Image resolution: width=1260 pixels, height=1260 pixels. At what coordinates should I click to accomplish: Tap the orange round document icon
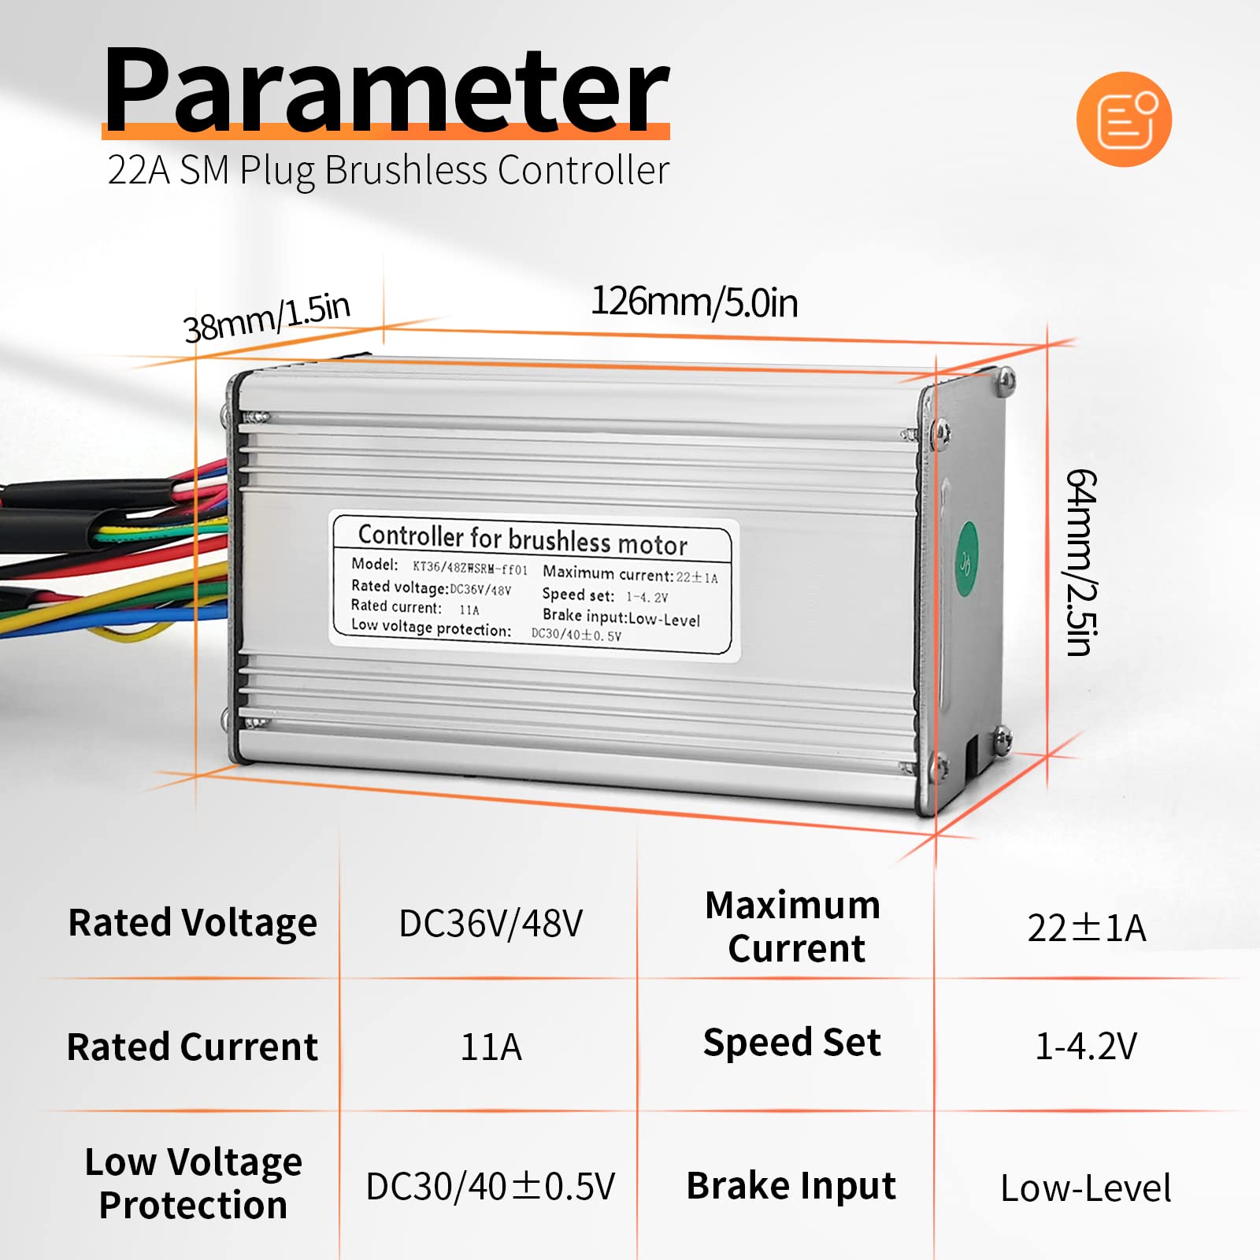1124,119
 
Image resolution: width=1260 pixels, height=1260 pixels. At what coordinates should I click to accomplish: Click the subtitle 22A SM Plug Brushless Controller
388,171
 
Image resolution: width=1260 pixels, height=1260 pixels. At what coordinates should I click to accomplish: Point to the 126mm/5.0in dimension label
694,302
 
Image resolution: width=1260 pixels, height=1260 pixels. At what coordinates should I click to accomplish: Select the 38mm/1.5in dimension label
266,317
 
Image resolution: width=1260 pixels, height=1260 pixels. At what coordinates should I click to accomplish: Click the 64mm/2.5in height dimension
1080,563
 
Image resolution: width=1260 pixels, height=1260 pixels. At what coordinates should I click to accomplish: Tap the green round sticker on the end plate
966,561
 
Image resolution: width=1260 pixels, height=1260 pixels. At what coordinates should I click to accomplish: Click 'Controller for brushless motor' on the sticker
523,539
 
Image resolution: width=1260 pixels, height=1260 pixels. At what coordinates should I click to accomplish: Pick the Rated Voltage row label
193,924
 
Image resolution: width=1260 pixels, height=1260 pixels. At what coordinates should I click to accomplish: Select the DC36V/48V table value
491,924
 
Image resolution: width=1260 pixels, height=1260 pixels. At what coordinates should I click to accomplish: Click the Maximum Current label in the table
794,927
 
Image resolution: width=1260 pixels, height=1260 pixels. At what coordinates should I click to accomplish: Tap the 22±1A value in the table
1087,928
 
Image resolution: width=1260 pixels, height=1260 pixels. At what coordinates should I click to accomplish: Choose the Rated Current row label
193,1047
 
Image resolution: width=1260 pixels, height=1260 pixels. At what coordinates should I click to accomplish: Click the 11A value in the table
491,1047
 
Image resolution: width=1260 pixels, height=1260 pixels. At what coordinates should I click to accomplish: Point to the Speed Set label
792,1043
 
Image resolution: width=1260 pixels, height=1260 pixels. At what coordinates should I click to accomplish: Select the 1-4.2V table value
1087,1047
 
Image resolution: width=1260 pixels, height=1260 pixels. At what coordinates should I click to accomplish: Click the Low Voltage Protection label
193,1184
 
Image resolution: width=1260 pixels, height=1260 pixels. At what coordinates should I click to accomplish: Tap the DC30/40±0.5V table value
491,1187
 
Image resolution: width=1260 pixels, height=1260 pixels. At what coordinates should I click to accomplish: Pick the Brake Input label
791,1186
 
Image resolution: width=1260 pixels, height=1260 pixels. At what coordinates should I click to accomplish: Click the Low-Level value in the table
1086,1188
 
